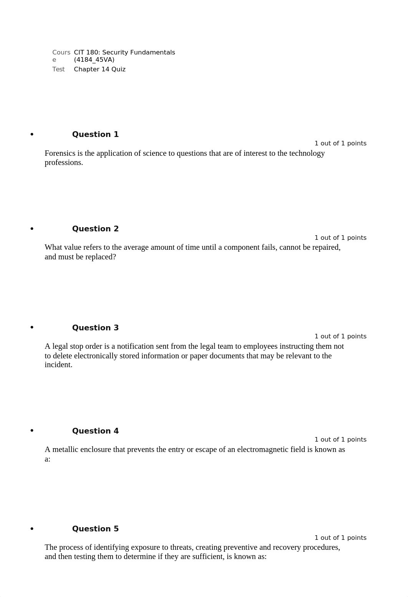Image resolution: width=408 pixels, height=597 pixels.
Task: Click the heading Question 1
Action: pyautogui.click(x=95, y=134)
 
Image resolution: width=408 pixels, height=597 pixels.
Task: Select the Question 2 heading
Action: pyautogui.click(x=95, y=229)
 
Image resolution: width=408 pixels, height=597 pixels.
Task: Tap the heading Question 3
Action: pyautogui.click(x=95, y=328)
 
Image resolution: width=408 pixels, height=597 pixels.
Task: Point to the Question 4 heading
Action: pyautogui.click(x=95, y=431)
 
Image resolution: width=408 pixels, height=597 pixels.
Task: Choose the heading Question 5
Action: pyautogui.click(x=95, y=529)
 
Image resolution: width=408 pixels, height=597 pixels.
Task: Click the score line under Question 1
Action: pyautogui.click(x=340, y=143)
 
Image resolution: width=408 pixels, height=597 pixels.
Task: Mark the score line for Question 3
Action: pyautogui.click(x=340, y=336)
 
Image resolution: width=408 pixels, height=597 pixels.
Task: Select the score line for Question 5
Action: pyautogui.click(x=340, y=538)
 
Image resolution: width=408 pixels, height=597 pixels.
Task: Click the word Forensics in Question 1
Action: pyautogui.click(x=60, y=153)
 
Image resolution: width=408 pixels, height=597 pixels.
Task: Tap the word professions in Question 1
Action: pyautogui.click(x=63, y=163)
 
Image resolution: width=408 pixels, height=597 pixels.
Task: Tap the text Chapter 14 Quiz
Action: pyautogui.click(x=100, y=69)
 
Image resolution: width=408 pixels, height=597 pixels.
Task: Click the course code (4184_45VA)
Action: pyautogui.click(x=94, y=60)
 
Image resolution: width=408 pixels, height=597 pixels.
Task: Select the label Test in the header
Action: pyautogui.click(x=58, y=69)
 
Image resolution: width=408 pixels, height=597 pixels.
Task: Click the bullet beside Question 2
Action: pyautogui.click(x=32, y=229)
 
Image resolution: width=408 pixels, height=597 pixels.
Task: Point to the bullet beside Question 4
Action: pyautogui.click(x=32, y=431)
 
